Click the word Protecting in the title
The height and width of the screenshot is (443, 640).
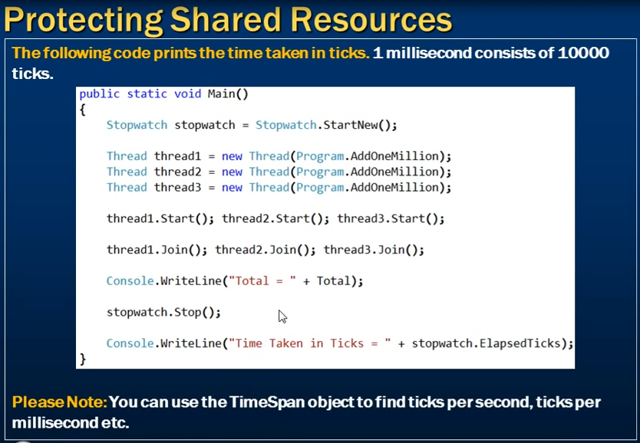[84, 21]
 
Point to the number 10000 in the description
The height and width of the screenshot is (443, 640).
[583, 53]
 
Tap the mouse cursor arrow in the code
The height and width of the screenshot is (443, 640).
[283, 317]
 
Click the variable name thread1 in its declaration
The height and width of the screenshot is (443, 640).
[177, 156]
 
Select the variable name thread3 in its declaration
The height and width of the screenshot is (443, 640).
[177, 188]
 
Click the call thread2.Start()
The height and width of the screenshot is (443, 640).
[275, 219]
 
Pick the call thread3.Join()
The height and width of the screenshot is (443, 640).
[374, 250]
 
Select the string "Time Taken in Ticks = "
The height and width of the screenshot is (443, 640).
[309, 343]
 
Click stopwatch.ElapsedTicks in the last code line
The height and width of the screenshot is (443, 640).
[486, 343]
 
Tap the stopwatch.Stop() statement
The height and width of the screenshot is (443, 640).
[163, 313]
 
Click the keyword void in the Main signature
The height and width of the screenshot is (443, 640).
[188, 94]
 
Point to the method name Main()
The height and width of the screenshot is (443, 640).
[228, 94]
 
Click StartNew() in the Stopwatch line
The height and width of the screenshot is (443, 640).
[357, 125]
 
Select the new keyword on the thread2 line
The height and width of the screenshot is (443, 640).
[232, 172]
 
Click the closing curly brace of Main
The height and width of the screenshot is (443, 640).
[83, 359]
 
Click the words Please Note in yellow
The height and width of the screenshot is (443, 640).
[59, 402]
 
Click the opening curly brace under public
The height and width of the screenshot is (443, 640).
[83, 110]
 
